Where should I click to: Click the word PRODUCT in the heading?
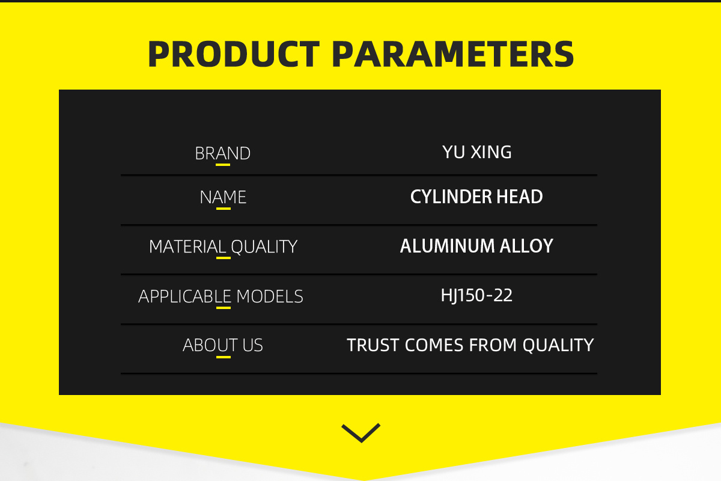[234, 54]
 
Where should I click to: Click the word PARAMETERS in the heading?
[453, 54]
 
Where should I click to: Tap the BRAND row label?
[223, 153]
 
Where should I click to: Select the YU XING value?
[476, 152]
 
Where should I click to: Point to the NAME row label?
[223, 197]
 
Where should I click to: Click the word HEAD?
[520, 197]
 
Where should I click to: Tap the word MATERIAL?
[187, 247]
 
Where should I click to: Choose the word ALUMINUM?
[447, 246]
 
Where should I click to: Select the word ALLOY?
[526, 246]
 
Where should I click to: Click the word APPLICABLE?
[185, 296]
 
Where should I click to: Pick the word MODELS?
[270, 296]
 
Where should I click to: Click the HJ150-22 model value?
[476, 295]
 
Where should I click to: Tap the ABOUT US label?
[223, 345]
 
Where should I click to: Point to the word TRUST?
[373, 345]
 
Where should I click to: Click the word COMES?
[434, 345]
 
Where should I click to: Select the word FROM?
[493, 345]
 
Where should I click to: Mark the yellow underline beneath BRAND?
[223, 165]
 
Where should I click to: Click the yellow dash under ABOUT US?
[224, 357]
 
